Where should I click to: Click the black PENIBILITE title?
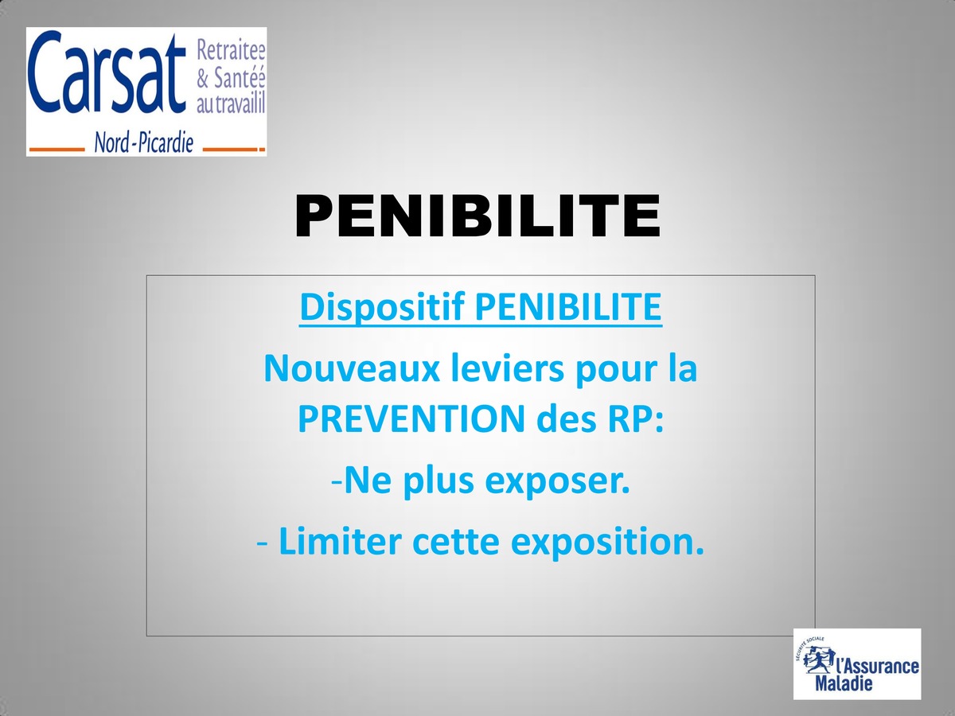coord(477,216)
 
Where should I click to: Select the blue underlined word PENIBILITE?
coord(568,306)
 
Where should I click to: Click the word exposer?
coord(557,481)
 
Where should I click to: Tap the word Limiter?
coord(340,541)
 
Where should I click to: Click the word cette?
coord(455,542)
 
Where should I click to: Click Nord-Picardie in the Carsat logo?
coord(144,142)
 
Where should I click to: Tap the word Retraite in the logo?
coord(231,50)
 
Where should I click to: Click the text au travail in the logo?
coord(231,104)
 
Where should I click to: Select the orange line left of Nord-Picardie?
coord(57,150)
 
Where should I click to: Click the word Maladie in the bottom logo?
coord(844,683)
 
